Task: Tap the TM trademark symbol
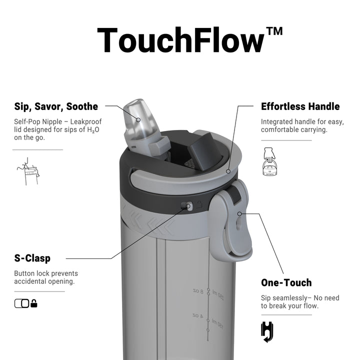pos(274,31)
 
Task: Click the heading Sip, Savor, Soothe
pos(56,107)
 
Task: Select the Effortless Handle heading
pos(300,106)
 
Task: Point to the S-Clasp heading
pos(32,258)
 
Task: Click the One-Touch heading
pos(286,282)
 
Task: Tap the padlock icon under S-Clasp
pos(34,303)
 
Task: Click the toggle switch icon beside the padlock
pos(22,303)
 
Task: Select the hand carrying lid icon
pos(269,161)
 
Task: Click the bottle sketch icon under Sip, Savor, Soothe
pos(28,171)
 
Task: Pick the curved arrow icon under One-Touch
pos(267,332)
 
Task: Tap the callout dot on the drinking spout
pos(138,120)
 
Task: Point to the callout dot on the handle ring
pos(228,171)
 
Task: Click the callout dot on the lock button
pos(188,206)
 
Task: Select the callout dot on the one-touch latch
pos(239,214)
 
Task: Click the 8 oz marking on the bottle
pos(198,291)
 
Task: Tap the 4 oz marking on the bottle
pos(197,316)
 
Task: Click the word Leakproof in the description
pos(86,121)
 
